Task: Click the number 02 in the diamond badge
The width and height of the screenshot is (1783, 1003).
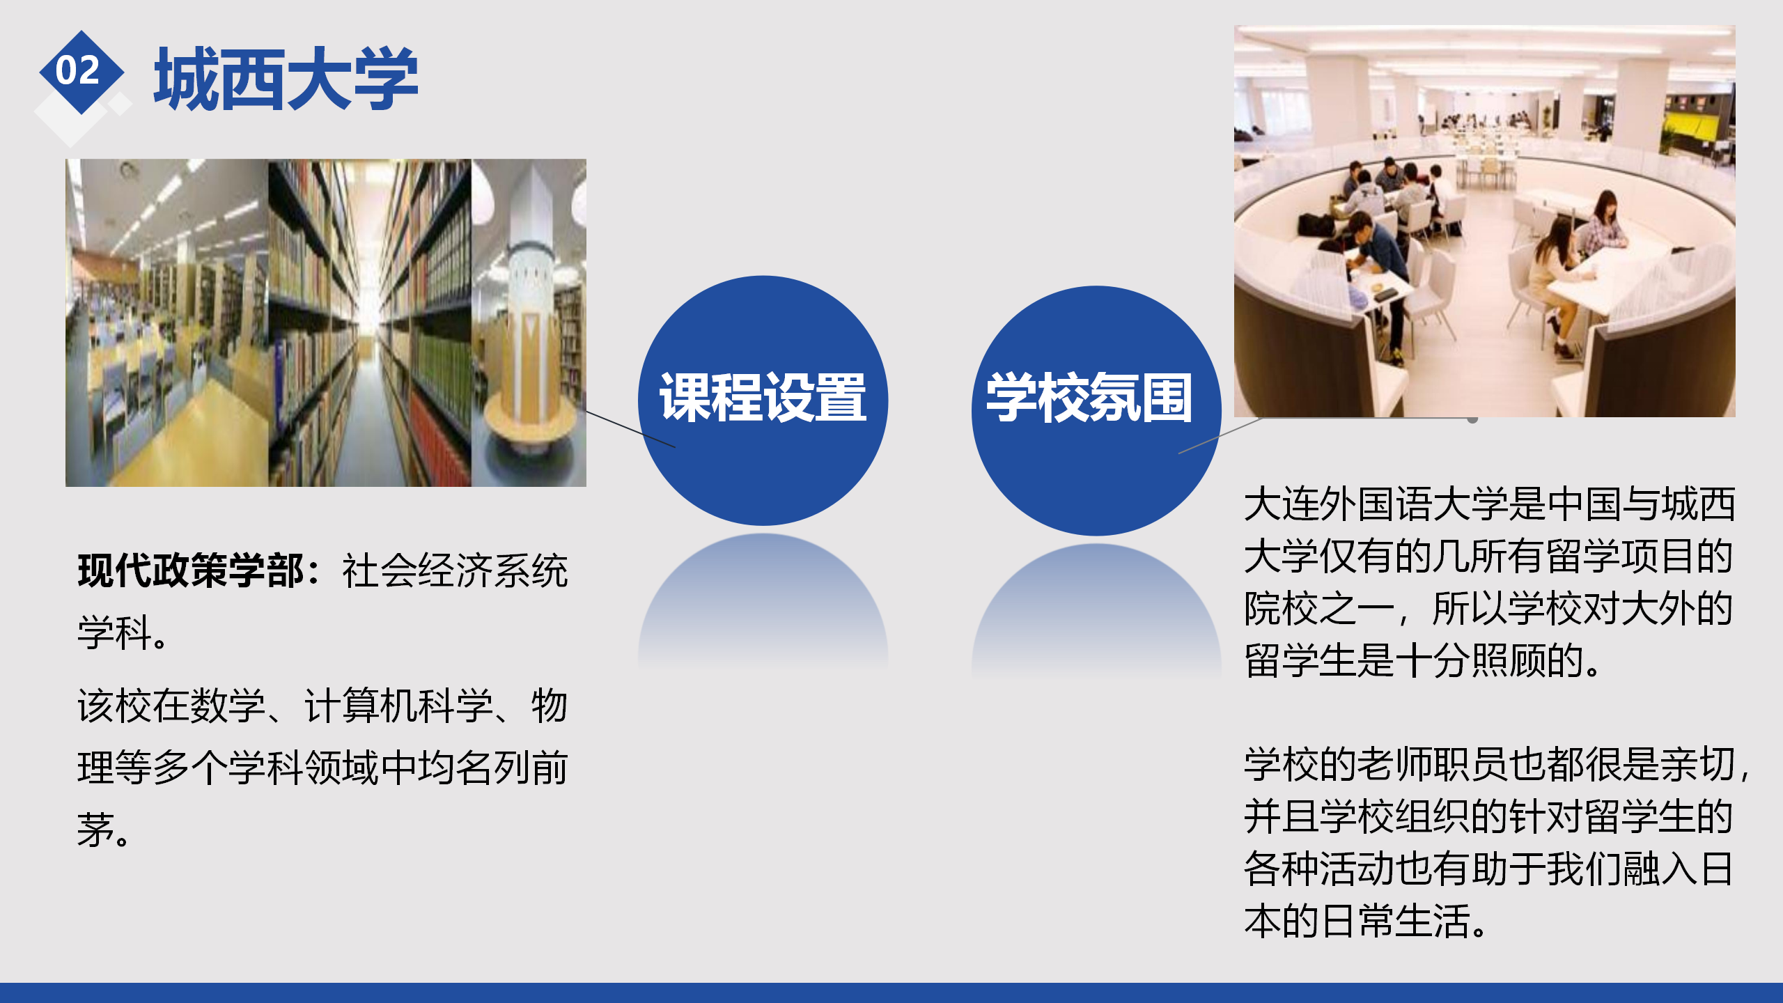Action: click(x=78, y=70)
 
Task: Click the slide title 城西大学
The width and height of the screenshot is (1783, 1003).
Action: click(x=286, y=79)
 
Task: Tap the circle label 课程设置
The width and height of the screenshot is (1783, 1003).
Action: click(x=763, y=398)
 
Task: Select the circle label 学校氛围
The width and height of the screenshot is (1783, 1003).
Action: click(x=1089, y=398)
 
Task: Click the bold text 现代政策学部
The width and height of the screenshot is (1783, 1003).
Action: click(x=190, y=571)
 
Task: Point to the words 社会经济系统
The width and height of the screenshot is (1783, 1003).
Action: click(x=456, y=571)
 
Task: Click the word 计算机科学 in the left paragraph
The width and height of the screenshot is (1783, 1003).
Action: click(x=398, y=706)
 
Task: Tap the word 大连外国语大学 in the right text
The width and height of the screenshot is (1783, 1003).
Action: click(x=1376, y=504)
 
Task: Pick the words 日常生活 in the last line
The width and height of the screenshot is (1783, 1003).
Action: click(x=1394, y=921)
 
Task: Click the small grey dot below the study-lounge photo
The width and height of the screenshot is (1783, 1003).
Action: click(x=1472, y=419)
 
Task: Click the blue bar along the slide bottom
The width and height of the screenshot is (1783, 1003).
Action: click(x=891, y=993)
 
